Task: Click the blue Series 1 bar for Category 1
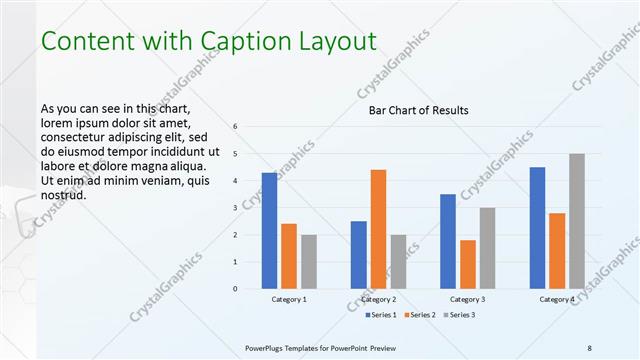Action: point(269,231)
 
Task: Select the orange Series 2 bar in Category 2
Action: point(378,229)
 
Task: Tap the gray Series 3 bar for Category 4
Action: point(577,221)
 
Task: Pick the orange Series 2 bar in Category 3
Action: point(468,264)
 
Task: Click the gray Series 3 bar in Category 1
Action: point(308,262)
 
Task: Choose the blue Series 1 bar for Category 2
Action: point(358,255)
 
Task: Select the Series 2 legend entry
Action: point(418,316)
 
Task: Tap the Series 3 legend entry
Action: point(458,316)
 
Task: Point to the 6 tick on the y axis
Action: point(234,127)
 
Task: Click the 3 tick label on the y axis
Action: point(234,208)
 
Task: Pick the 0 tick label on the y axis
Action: point(234,289)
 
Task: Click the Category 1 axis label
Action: point(289,300)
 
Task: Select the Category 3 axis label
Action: point(468,300)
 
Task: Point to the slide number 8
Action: point(590,347)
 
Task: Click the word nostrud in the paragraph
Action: point(63,194)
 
